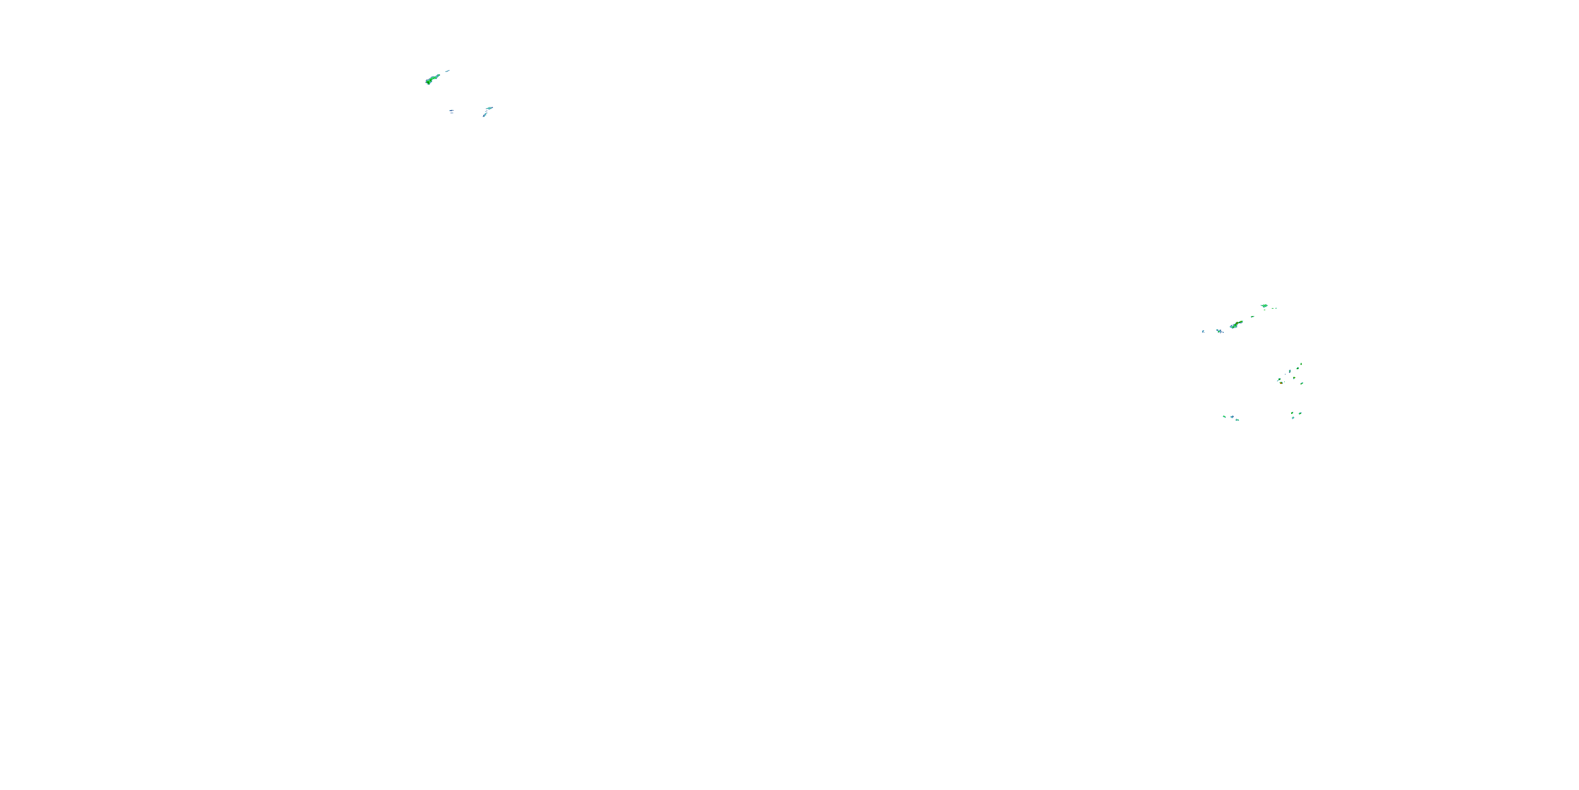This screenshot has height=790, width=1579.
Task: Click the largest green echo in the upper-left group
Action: pyautogui.click(x=432, y=79)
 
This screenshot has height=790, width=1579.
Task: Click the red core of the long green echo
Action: pyautogui.click(x=1237, y=323)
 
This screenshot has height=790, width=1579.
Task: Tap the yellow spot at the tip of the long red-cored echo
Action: pyautogui.click(x=1241, y=321)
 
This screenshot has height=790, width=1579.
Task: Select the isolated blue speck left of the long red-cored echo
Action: pyautogui.click(x=1203, y=331)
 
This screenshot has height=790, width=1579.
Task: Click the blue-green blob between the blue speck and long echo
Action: pyautogui.click(x=1220, y=331)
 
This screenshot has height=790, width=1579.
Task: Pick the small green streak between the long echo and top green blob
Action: pyautogui.click(x=1253, y=317)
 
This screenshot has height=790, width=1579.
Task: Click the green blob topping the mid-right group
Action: pyautogui.click(x=1265, y=305)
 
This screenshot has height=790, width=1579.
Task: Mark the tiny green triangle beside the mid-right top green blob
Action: pyautogui.click(x=1276, y=309)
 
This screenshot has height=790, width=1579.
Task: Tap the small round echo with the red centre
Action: pyautogui.click(x=1281, y=383)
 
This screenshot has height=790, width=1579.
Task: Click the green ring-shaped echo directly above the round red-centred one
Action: pyautogui.click(x=1280, y=379)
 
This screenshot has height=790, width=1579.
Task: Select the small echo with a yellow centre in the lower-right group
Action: pyautogui.click(x=1295, y=378)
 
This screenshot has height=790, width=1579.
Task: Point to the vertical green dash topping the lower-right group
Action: pyautogui.click(x=1301, y=364)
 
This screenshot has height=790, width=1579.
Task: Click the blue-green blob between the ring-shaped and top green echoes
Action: pyautogui.click(x=1290, y=371)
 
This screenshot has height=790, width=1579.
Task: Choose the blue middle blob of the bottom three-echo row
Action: pyautogui.click(x=1233, y=417)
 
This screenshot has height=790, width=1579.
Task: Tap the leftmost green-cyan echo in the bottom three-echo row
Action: pyautogui.click(x=1225, y=417)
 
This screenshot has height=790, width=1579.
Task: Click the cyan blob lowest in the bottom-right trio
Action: pyautogui.click(x=1293, y=418)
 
